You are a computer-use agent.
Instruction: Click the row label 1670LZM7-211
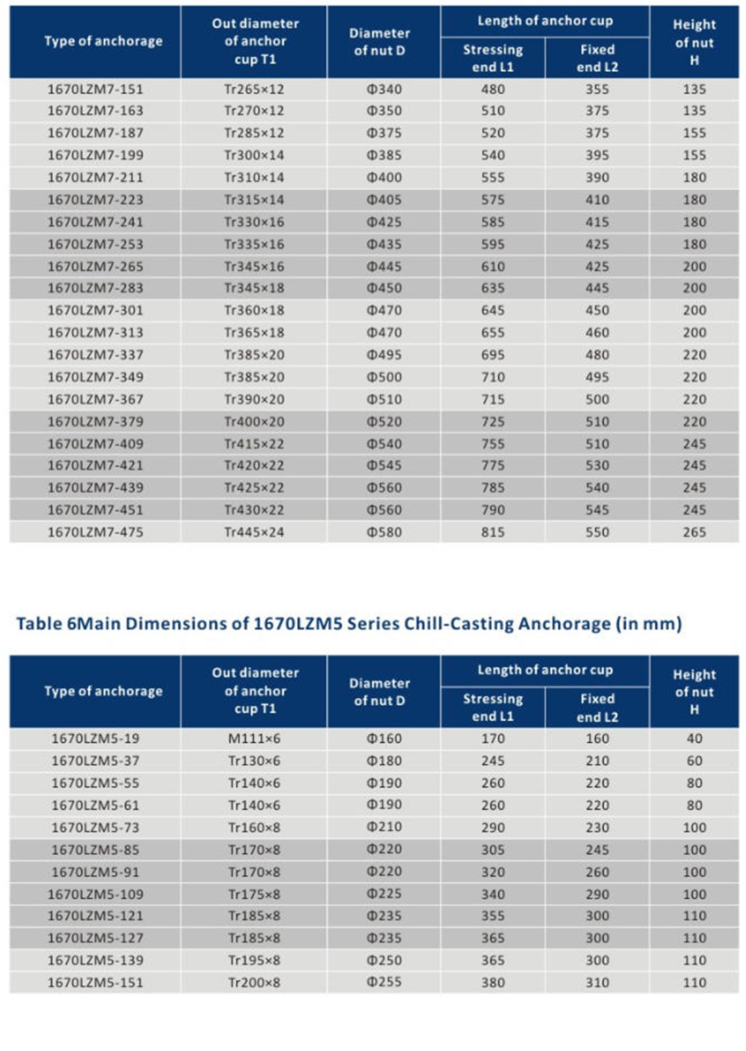[x=95, y=178]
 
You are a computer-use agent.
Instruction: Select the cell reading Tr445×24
[x=254, y=532]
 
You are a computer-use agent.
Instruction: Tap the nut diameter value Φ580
[x=384, y=532]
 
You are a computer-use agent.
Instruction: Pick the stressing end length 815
[x=493, y=532]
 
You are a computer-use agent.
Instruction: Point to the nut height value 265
[x=694, y=532]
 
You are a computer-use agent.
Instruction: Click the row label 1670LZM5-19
[x=95, y=738]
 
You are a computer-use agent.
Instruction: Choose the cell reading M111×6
[x=254, y=738]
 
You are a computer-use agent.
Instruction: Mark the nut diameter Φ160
[x=384, y=738]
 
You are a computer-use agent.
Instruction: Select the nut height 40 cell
[x=694, y=738]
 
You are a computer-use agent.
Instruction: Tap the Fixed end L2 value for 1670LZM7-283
[x=597, y=288]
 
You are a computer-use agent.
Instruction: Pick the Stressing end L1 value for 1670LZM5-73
[x=493, y=827]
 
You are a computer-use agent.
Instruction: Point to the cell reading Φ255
[x=384, y=982]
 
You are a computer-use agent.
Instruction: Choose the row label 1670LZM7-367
[x=95, y=399]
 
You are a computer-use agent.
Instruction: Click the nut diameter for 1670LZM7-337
[x=384, y=355]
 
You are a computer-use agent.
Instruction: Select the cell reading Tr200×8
[x=254, y=983]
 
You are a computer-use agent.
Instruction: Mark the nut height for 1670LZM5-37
[x=694, y=761]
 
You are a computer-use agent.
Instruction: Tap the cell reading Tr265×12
[x=254, y=89]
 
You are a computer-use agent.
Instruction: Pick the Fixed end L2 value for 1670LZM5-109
[x=597, y=894]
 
